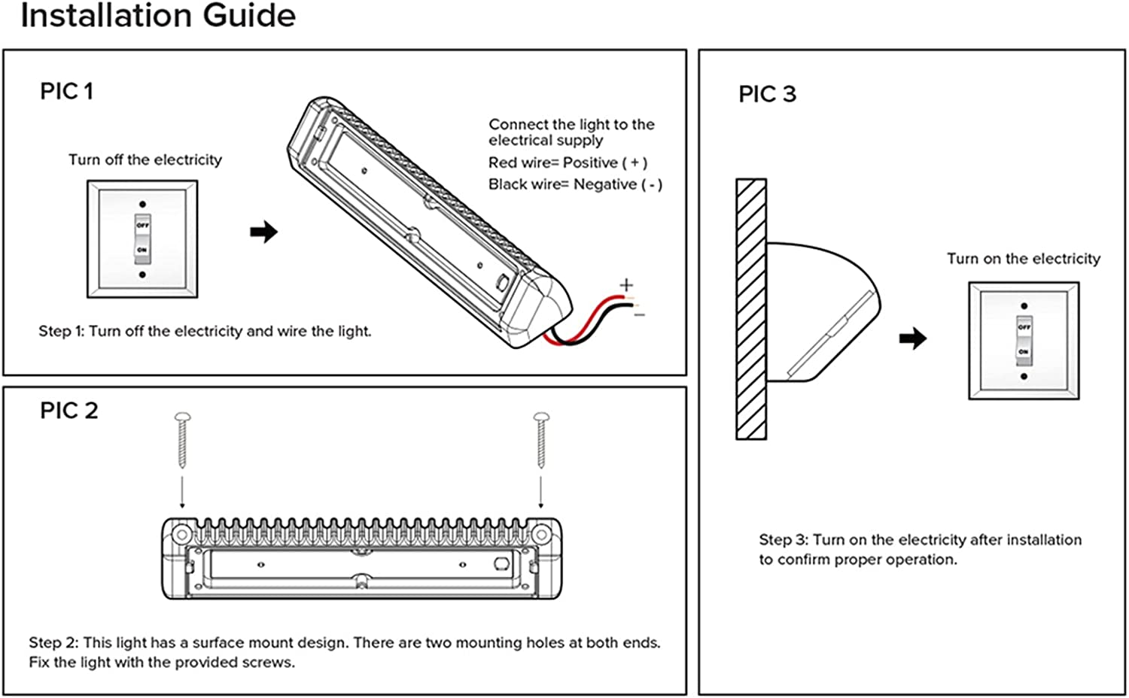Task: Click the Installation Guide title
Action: point(158,16)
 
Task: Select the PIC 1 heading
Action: point(66,92)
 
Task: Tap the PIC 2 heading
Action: point(68,411)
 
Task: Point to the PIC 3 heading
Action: point(767,94)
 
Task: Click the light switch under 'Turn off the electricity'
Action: point(142,239)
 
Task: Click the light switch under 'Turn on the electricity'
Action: point(1024,340)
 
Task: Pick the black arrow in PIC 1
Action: point(264,232)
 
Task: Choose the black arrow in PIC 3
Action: point(913,338)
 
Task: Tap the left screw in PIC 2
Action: point(182,440)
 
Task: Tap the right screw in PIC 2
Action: point(541,440)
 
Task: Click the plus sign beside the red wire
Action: point(626,285)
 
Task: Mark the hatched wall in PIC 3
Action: point(751,309)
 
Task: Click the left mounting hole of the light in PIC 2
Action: point(181,535)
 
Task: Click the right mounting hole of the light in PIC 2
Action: point(541,535)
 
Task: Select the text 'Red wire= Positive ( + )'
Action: point(568,162)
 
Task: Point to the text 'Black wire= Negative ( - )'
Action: point(575,184)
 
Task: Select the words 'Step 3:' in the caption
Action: point(783,540)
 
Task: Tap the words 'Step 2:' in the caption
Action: point(53,643)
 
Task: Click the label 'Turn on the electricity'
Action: point(1023,259)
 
